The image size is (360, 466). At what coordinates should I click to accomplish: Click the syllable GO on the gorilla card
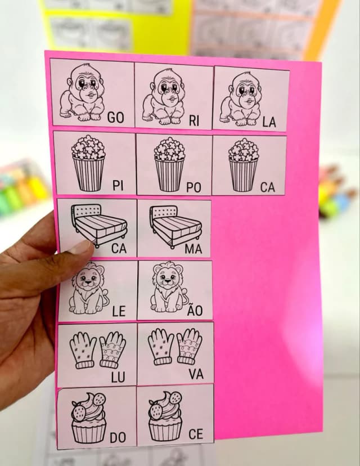[x=115, y=118]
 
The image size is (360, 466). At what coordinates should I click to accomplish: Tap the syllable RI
[x=194, y=121]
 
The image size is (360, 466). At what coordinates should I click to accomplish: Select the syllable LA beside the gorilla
[x=269, y=122]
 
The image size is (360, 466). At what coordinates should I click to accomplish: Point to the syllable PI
[x=118, y=186]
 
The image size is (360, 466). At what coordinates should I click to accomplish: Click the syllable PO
[x=193, y=187]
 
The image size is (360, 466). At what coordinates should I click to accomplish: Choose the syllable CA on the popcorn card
[x=268, y=187]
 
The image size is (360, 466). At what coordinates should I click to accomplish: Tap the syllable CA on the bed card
[x=119, y=248]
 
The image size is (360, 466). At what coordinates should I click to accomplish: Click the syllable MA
[x=193, y=249]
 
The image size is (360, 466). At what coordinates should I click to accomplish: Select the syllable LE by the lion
[x=119, y=311]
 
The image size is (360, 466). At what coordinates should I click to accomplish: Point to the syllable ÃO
[x=195, y=310]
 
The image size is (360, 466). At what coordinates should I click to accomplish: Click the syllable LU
[x=118, y=378]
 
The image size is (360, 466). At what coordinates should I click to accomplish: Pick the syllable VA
[x=196, y=374]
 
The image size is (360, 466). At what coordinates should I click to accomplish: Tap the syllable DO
[x=118, y=438]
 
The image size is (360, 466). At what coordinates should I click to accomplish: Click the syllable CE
[x=196, y=434]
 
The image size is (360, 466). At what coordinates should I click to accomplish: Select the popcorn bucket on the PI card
[x=88, y=163]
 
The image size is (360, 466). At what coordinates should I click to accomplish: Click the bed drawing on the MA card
[x=175, y=227]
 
